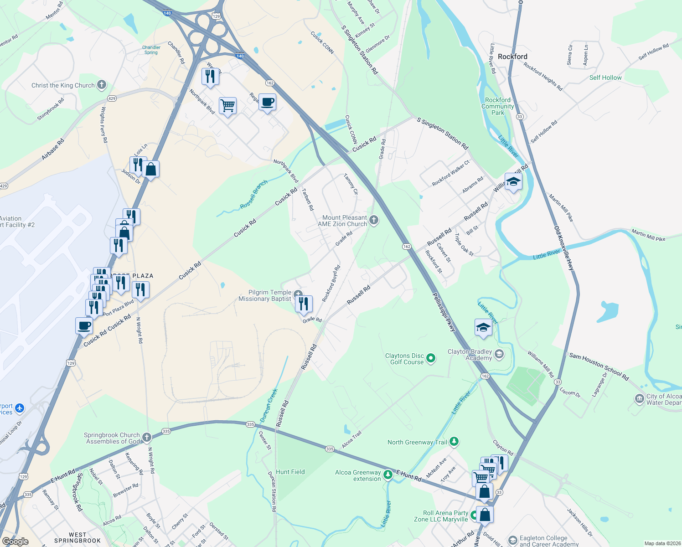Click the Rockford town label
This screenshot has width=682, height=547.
point(512,57)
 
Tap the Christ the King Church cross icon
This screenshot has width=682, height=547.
point(102,85)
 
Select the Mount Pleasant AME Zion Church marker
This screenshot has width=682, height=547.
point(374,221)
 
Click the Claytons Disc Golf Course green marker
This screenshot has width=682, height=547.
point(430,358)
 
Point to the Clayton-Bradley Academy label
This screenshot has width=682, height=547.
point(470,355)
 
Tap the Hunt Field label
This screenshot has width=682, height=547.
point(290,472)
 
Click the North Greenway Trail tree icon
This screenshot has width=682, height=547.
point(454,441)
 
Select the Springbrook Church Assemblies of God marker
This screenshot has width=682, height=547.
point(146,438)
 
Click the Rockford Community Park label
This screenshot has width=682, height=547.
point(498,106)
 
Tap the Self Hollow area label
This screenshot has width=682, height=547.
point(605,77)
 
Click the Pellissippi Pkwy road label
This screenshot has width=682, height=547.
point(444,312)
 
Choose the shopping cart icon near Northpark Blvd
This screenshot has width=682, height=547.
point(227,106)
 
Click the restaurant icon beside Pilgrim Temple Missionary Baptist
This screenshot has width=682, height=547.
point(304,303)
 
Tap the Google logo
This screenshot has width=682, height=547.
point(15,541)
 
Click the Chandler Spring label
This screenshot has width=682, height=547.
point(151,50)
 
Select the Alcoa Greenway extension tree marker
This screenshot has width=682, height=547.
point(387,475)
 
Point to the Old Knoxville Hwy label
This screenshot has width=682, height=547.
point(564,248)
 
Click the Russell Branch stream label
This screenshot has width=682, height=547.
point(254,195)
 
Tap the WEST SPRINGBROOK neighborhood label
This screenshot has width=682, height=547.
point(77,537)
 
